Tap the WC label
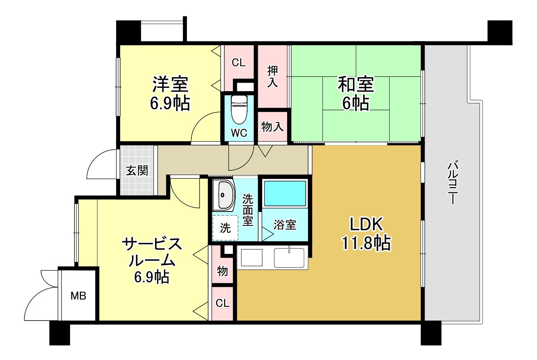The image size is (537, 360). pyautogui.click(x=239, y=133)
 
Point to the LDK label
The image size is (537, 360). pyautogui.click(x=366, y=225)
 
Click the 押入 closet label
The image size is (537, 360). pyautogui.click(x=273, y=76)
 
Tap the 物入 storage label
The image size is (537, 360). pyautogui.click(x=273, y=127)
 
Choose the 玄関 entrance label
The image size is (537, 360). pyautogui.click(x=137, y=170)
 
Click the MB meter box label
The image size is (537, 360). pyautogui.click(x=79, y=296)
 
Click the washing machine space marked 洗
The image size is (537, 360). pyautogui.click(x=225, y=228)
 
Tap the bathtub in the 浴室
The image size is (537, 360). pyautogui.click(x=285, y=194)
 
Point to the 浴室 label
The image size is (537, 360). pyautogui.click(x=285, y=225)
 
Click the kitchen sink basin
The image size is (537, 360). pyautogui.click(x=289, y=257)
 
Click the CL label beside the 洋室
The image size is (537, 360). pyautogui.click(x=239, y=63)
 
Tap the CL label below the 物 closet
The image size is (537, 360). pyautogui.click(x=222, y=303)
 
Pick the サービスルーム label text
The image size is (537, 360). pyautogui.click(x=152, y=252)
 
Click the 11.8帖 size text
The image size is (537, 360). pyautogui.click(x=366, y=243)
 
